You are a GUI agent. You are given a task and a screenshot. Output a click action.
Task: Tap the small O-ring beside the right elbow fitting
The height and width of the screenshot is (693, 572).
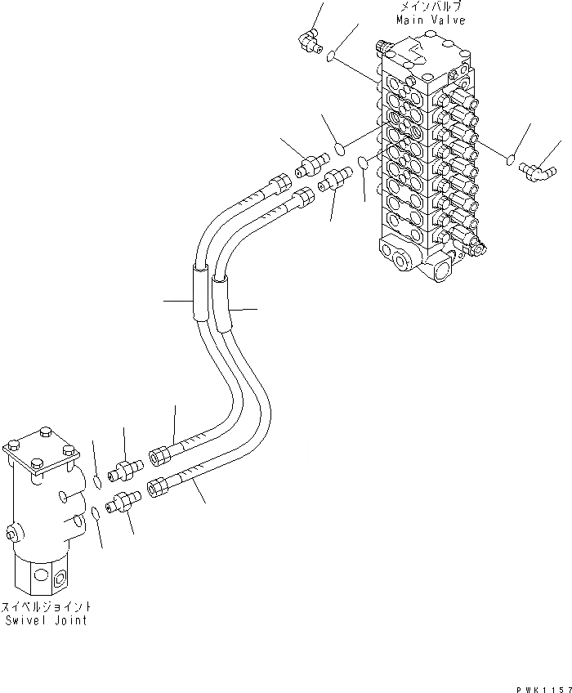click(512, 158)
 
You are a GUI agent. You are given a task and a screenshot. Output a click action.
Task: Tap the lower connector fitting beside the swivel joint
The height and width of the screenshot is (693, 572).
click(122, 499)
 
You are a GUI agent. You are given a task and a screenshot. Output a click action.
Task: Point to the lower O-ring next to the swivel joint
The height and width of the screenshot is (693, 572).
click(96, 512)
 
